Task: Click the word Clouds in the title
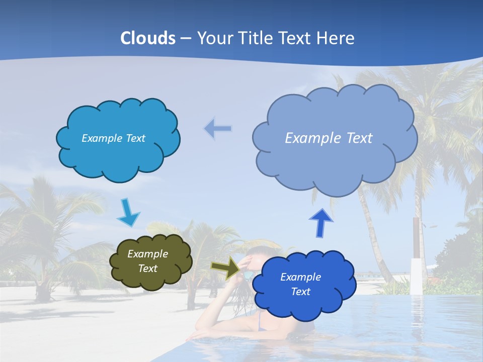coord(148,38)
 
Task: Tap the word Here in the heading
coord(336,38)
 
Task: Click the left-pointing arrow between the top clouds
coord(217,129)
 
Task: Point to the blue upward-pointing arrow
coord(321,222)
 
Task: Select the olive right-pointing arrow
coord(225,267)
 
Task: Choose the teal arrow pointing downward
coord(128,213)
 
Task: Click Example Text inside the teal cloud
coord(113,138)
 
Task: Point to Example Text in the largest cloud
coord(329,138)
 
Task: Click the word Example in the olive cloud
coord(147,254)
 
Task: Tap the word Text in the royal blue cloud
coord(300,292)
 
